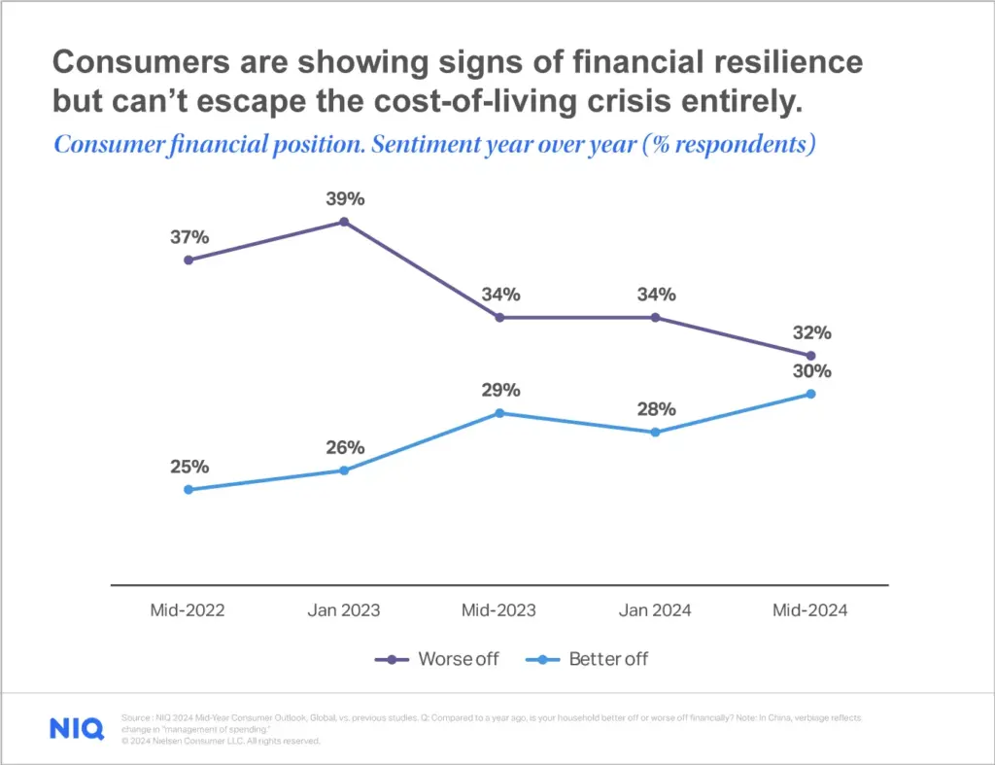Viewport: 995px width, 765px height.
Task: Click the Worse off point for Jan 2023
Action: click(x=344, y=222)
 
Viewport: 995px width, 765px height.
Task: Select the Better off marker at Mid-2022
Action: click(x=189, y=489)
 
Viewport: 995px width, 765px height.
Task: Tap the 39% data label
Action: click(x=344, y=198)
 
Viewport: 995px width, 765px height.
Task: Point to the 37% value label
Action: click(x=190, y=237)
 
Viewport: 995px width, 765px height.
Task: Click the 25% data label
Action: click(x=190, y=467)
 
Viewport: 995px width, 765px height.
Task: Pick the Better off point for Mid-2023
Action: click(x=499, y=413)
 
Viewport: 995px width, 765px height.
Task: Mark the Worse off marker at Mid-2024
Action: click(x=810, y=356)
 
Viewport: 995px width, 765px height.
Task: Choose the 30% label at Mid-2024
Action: click(x=811, y=371)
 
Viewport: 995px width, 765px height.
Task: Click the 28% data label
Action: click(x=656, y=409)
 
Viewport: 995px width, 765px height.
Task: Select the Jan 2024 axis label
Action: click(x=654, y=610)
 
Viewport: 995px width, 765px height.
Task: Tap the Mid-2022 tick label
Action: click(x=188, y=610)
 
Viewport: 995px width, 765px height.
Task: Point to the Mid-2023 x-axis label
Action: click(x=498, y=610)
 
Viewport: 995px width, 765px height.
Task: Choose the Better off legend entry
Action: click(x=588, y=659)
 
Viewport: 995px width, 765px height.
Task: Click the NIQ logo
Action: click(x=76, y=729)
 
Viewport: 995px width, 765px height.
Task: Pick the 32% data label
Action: click(x=811, y=332)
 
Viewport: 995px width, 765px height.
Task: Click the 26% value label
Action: click(x=345, y=448)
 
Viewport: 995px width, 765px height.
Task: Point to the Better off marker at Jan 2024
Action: click(x=655, y=433)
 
